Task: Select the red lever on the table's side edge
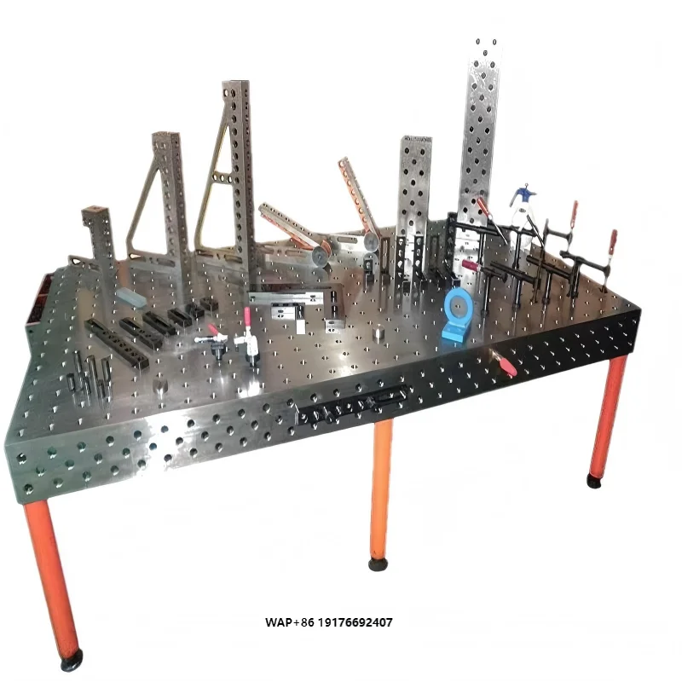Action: (x=505, y=366)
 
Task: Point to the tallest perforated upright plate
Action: (x=480, y=128)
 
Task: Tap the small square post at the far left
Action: (x=100, y=239)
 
